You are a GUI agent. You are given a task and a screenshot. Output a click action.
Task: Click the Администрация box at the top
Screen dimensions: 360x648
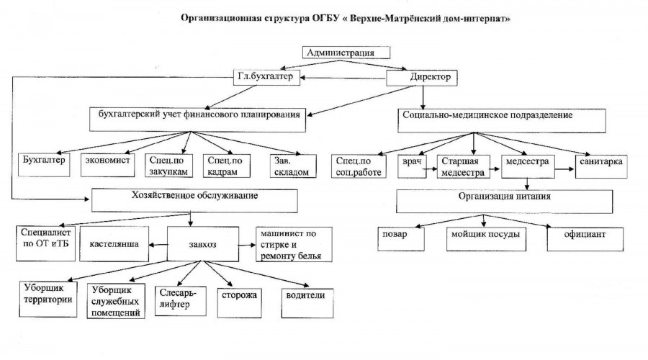(346, 52)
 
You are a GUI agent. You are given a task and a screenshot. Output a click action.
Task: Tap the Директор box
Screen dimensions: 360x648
(423, 77)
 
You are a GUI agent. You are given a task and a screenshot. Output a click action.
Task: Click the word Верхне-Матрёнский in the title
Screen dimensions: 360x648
(371, 19)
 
